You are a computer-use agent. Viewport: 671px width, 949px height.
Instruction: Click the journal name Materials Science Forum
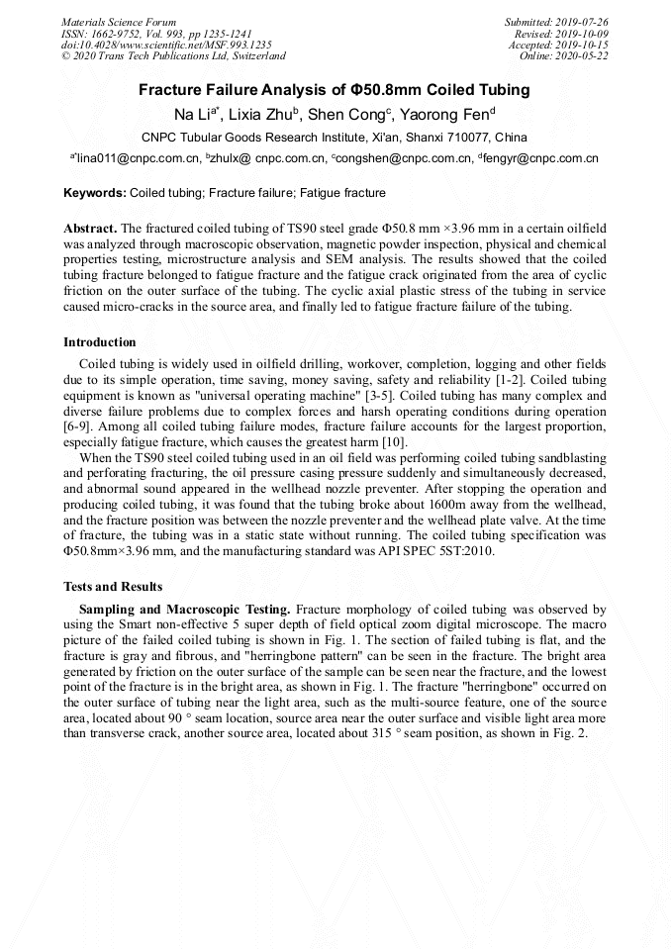point(119,21)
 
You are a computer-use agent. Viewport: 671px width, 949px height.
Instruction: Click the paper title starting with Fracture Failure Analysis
point(334,90)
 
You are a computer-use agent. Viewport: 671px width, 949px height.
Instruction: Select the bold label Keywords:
point(95,193)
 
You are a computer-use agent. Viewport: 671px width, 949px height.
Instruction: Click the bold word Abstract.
point(90,228)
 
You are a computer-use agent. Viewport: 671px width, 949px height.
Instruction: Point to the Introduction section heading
point(100,342)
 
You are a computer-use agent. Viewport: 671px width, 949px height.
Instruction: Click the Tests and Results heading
point(113,587)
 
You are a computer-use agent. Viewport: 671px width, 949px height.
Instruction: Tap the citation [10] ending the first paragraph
point(394,441)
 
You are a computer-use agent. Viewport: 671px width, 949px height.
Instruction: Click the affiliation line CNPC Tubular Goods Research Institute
point(335,137)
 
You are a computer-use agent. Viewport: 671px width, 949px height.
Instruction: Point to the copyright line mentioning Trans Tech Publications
point(173,56)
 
